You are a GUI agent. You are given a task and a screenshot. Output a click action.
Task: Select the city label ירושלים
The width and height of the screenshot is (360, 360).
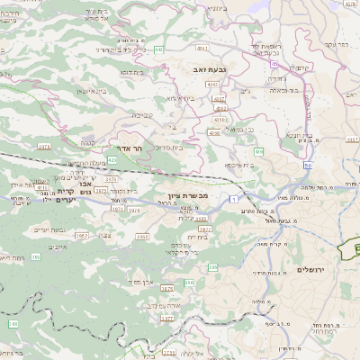[310, 270]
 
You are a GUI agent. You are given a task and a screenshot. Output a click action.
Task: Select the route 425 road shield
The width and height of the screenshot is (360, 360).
[112, 159]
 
